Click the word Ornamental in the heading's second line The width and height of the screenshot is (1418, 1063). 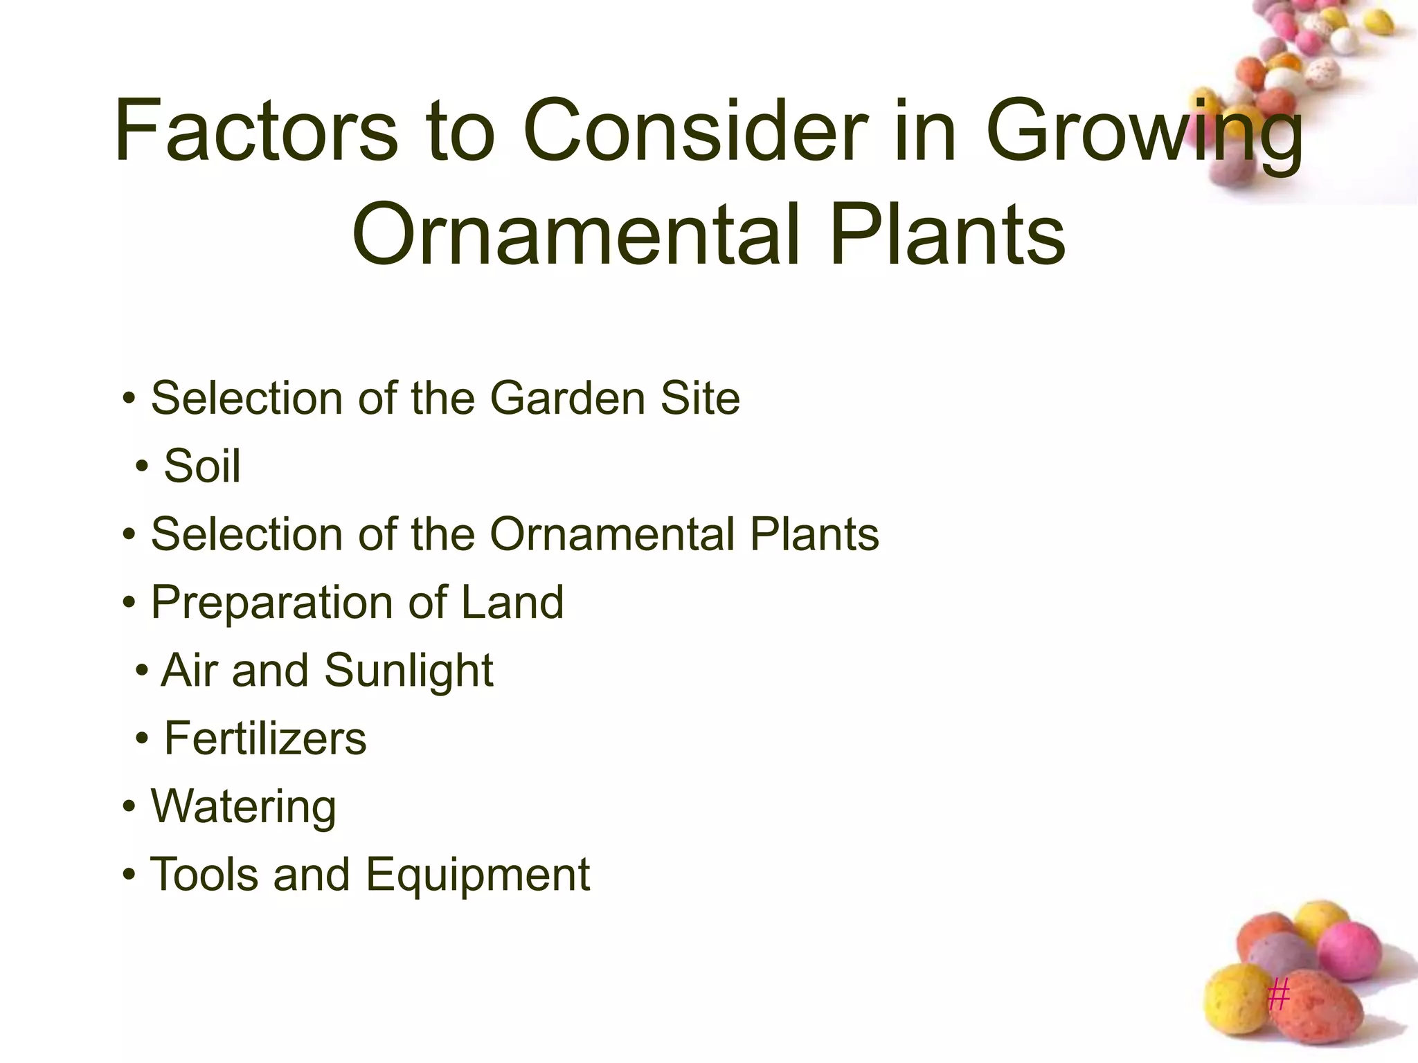pos(575,234)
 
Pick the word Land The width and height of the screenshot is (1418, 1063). pos(512,602)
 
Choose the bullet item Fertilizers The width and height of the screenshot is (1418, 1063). pos(265,738)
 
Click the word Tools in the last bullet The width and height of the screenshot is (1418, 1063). pos(205,874)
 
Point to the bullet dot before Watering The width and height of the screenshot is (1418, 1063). pos(129,807)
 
